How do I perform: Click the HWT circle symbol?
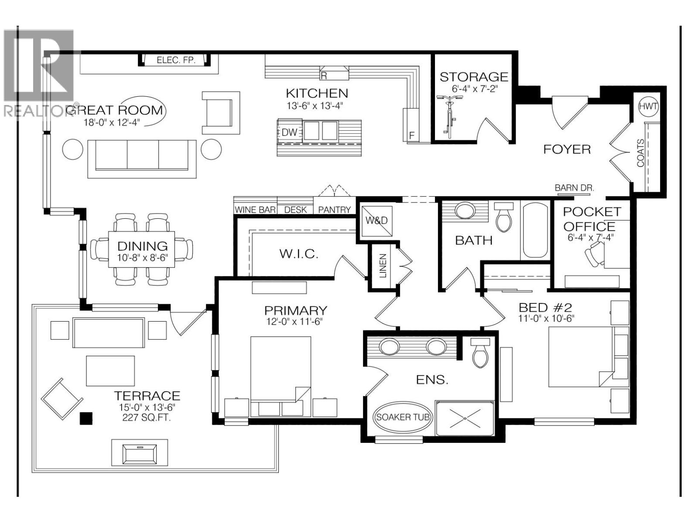pyautogui.click(x=648, y=106)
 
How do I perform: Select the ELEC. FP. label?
pyautogui.click(x=176, y=60)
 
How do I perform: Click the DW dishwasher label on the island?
pyautogui.click(x=289, y=132)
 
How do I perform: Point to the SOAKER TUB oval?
pyautogui.click(x=403, y=417)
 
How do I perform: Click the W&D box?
pyautogui.click(x=376, y=221)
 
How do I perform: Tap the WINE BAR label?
pyautogui.click(x=255, y=210)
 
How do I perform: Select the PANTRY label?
pyautogui.click(x=334, y=210)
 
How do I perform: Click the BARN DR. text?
pyautogui.click(x=574, y=187)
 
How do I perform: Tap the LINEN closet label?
pyautogui.click(x=383, y=266)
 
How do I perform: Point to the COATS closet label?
pyautogui.click(x=640, y=153)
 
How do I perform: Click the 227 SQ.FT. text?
pyautogui.click(x=147, y=418)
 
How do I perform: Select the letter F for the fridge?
pyautogui.click(x=411, y=136)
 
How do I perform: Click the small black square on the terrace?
pyautogui.click(x=86, y=418)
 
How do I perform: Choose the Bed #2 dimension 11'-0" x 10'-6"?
pyautogui.click(x=546, y=319)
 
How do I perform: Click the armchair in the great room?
pyautogui.click(x=220, y=112)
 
